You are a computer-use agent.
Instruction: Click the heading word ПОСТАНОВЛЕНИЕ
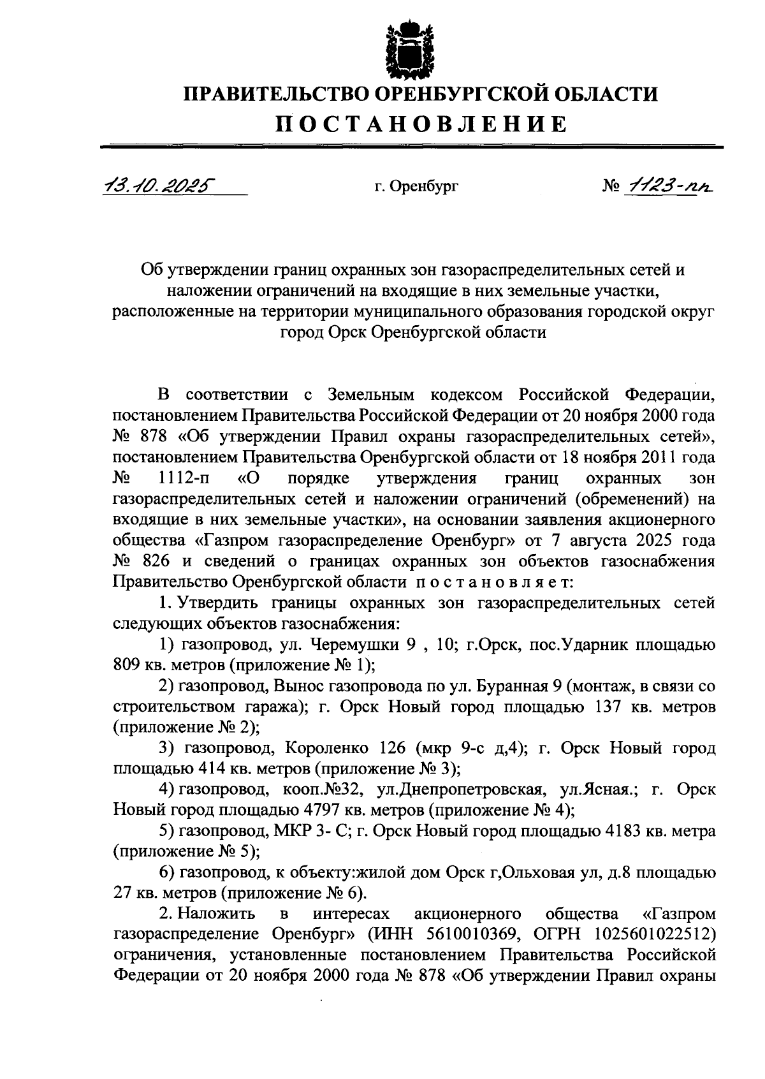click(421, 124)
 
